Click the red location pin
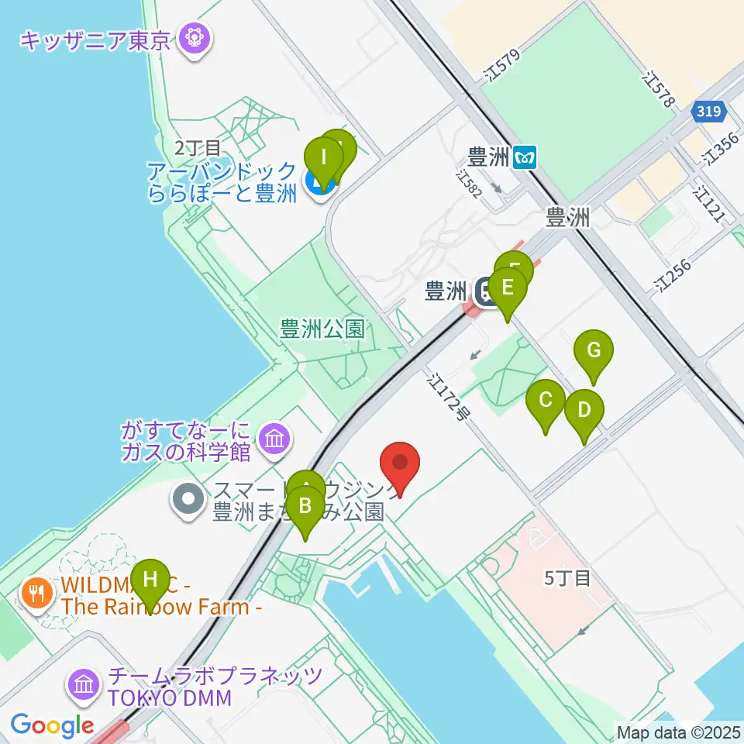tap(401, 466)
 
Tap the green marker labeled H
tap(150, 581)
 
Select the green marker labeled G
tap(594, 353)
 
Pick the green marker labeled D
tap(584, 412)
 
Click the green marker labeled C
tap(546, 403)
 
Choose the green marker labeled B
tap(305, 509)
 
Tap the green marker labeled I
tap(325, 159)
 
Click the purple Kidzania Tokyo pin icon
tap(191, 38)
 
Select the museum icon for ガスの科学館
tap(275, 439)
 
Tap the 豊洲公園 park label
tap(322, 329)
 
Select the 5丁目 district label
tap(568, 577)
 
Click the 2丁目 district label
tap(198, 146)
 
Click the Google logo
tap(52, 726)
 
